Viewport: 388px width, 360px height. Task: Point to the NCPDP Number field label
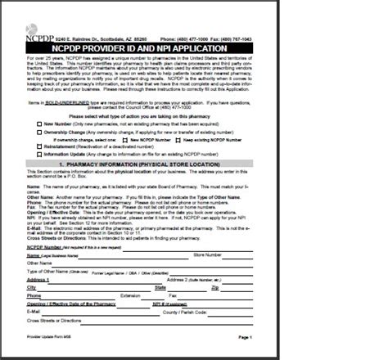coord(46,246)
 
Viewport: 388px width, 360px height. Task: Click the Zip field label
coord(215,287)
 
